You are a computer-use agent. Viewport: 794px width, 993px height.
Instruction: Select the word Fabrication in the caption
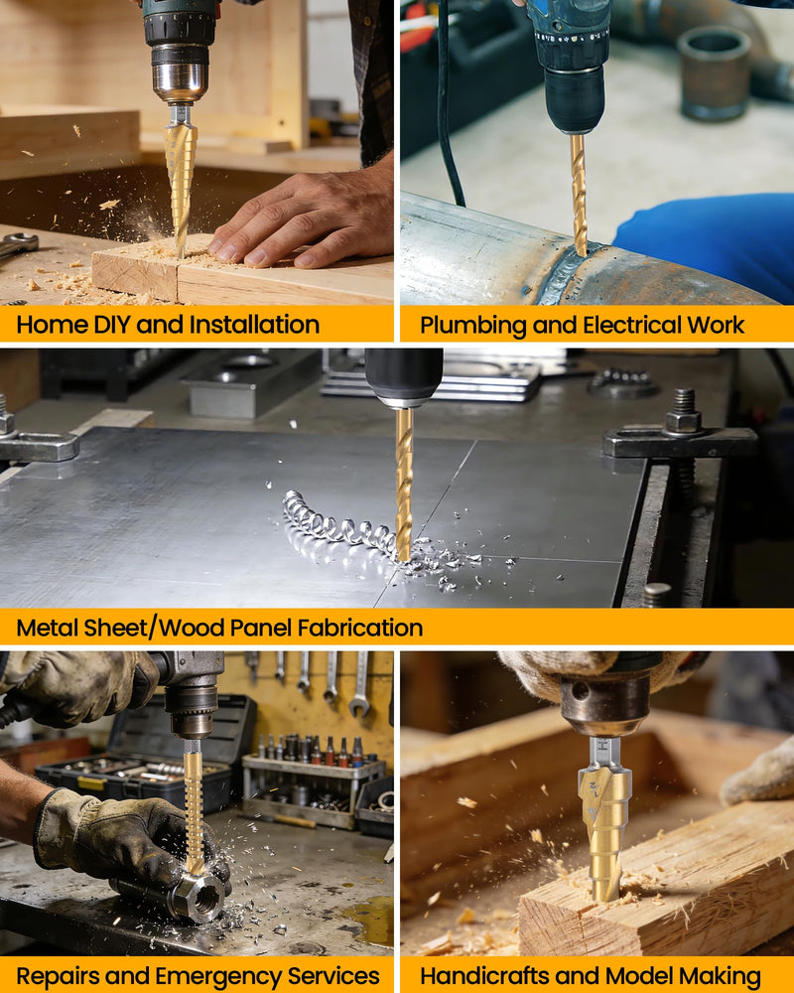click(x=359, y=628)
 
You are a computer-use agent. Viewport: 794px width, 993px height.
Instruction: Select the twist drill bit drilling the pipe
click(x=578, y=194)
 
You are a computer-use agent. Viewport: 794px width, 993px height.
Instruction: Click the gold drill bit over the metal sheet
click(x=403, y=485)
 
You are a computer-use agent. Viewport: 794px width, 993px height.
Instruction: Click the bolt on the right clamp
click(x=683, y=412)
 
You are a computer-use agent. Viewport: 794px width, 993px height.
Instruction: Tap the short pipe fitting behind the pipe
click(x=714, y=72)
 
